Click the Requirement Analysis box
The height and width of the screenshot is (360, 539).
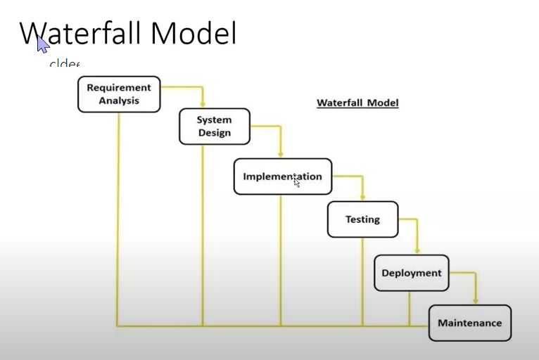point(119,94)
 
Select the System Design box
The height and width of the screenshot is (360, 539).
point(215,127)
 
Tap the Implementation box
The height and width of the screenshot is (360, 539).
point(282,176)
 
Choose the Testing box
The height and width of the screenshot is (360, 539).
point(362,219)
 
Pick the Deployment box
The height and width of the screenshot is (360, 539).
point(411,273)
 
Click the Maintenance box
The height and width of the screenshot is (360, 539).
point(469,323)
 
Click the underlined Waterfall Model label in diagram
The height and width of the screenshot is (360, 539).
point(357,103)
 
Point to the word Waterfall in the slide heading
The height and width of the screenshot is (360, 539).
point(81,33)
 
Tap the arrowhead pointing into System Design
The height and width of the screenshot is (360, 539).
point(203,104)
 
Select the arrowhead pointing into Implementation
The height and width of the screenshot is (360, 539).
point(281,154)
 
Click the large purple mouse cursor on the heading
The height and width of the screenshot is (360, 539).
point(43,44)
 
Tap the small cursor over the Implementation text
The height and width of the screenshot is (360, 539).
point(297,183)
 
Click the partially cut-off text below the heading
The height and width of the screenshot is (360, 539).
point(64,64)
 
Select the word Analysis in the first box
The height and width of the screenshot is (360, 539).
point(119,101)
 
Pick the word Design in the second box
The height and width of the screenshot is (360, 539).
point(215,133)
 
